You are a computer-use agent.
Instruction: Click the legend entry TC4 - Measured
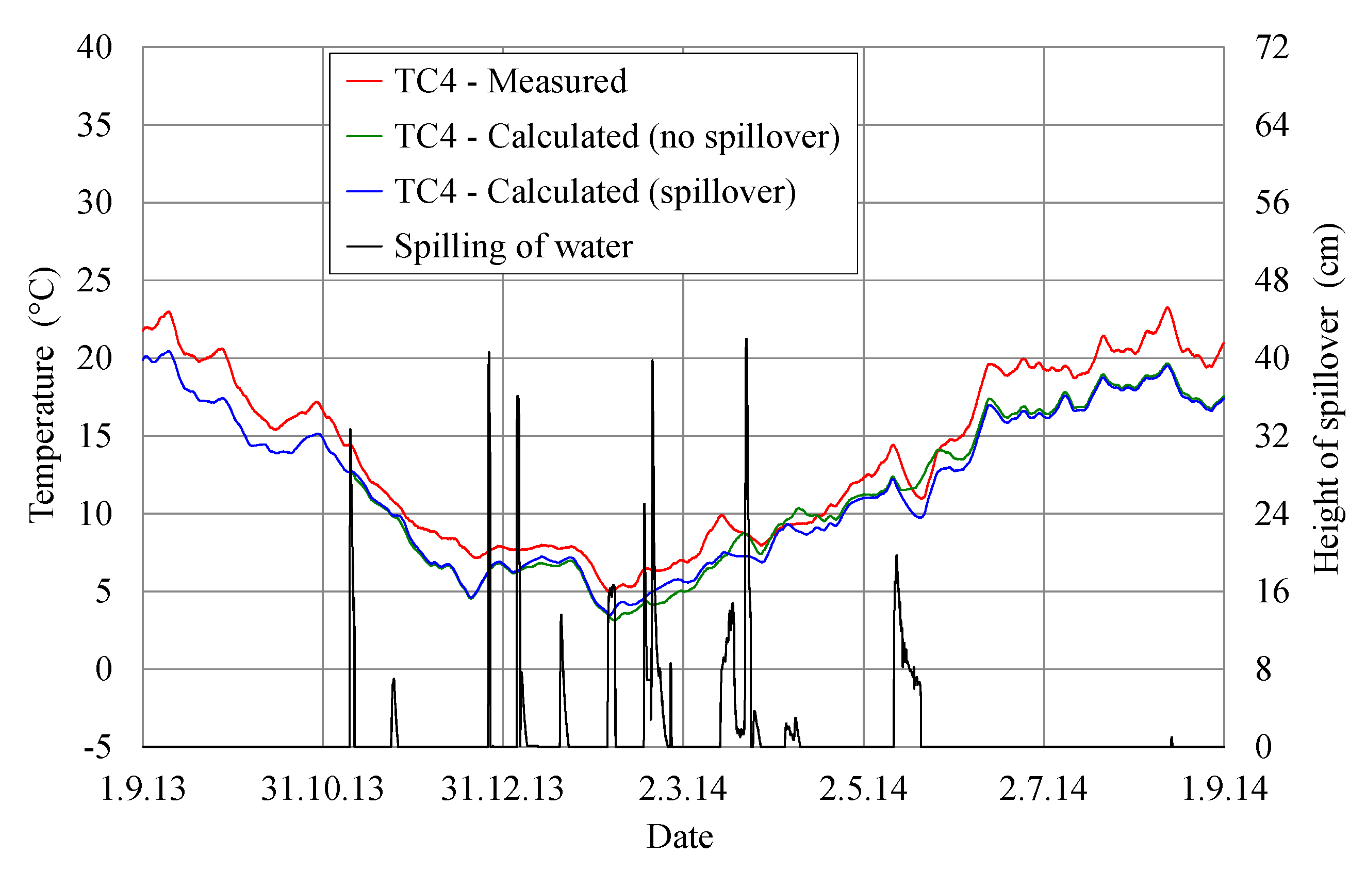[x=511, y=81]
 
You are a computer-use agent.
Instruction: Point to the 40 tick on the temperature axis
[x=95, y=47]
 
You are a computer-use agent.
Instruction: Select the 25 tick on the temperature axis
[x=95, y=281]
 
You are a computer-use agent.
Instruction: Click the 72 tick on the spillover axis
[x=1272, y=47]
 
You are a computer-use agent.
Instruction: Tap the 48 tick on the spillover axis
[x=1272, y=281]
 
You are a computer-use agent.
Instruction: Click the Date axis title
[x=680, y=837]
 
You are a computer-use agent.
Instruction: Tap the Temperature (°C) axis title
[x=43, y=395]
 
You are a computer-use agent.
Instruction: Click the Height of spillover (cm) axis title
[x=1326, y=397]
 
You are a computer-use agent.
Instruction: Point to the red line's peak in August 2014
[x=1167, y=307]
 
